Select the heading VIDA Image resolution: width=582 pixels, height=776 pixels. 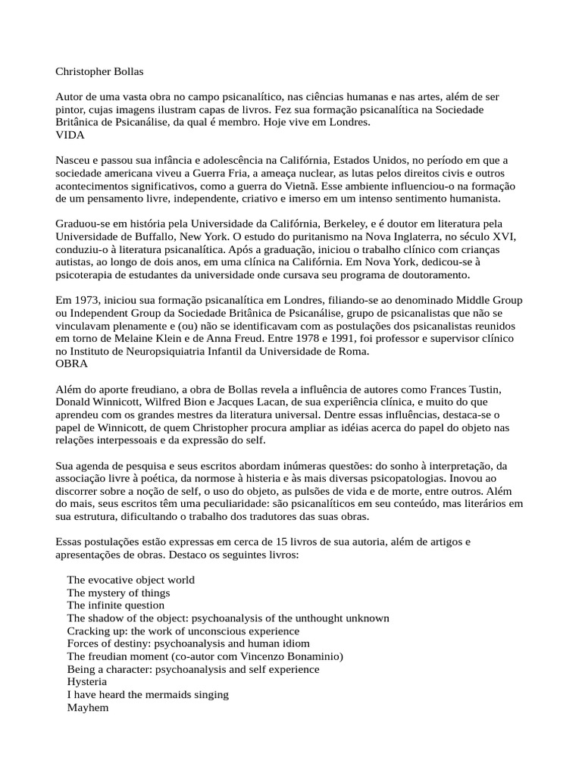(70, 135)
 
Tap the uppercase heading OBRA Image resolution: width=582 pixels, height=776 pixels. (72, 364)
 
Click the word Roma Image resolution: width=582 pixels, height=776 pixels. (349, 352)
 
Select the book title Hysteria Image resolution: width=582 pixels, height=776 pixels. (86, 682)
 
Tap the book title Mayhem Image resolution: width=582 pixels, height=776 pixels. (88, 708)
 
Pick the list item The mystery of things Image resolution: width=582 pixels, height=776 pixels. (118, 593)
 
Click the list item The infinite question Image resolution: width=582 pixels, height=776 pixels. (115, 605)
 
